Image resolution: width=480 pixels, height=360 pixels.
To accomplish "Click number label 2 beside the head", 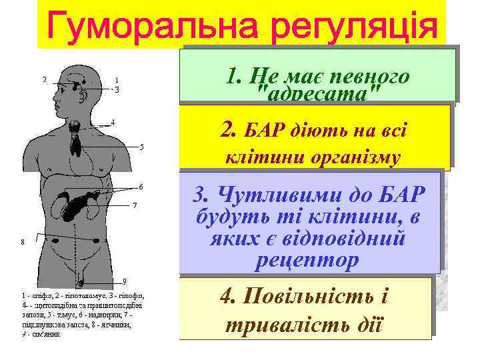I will pyautogui.click(x=45, y=80).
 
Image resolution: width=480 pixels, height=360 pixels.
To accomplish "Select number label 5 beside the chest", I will pyautogui.click(x=142, y=146).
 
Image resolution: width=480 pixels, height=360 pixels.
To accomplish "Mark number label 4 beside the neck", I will pyautogui.click(x=113, y=122).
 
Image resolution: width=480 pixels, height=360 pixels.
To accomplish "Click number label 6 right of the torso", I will pyautogui.click(x=141, y=185).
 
